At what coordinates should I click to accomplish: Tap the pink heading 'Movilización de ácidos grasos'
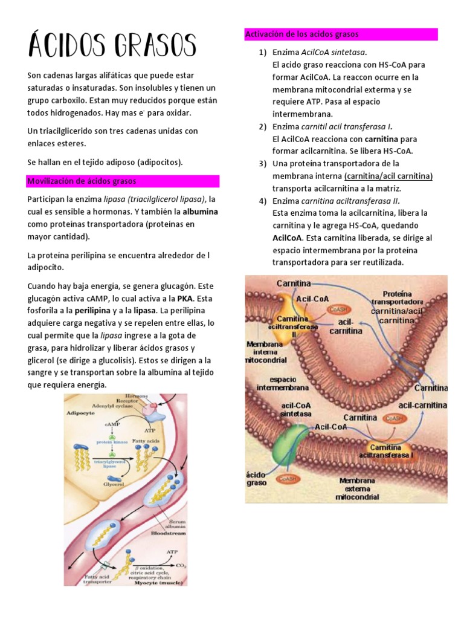coord(82,181)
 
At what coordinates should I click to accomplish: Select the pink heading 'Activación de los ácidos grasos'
coord(302,34)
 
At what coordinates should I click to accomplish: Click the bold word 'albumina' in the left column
coord(200,212)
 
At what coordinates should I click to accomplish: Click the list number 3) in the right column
coord(262,164)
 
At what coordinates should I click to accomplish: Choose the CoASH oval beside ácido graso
coord(288,478)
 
